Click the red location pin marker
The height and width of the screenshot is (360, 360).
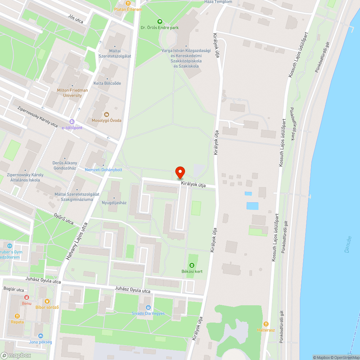(180, 172)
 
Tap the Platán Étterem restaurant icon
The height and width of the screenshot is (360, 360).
(128, 3)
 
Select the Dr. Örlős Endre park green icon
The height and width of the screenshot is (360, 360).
(160, 22)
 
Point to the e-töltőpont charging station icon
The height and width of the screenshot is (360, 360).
(72, 122)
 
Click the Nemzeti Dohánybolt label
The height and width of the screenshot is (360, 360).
(103, 170)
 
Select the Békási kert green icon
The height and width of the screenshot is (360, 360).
(192, 265)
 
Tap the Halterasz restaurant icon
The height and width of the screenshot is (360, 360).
(266, 324)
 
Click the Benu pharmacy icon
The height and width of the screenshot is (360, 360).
(26, 297)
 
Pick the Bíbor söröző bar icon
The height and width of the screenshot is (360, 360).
(47, 301)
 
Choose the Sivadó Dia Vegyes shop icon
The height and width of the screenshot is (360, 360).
(148, 307)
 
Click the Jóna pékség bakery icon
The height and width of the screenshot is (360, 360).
(40, 336)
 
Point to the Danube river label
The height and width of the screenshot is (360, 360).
(347, 244)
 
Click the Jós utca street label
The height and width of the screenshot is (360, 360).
(75, 19)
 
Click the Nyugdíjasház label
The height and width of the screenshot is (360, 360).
(114, 203)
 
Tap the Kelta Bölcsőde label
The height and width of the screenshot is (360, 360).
(107, 83)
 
